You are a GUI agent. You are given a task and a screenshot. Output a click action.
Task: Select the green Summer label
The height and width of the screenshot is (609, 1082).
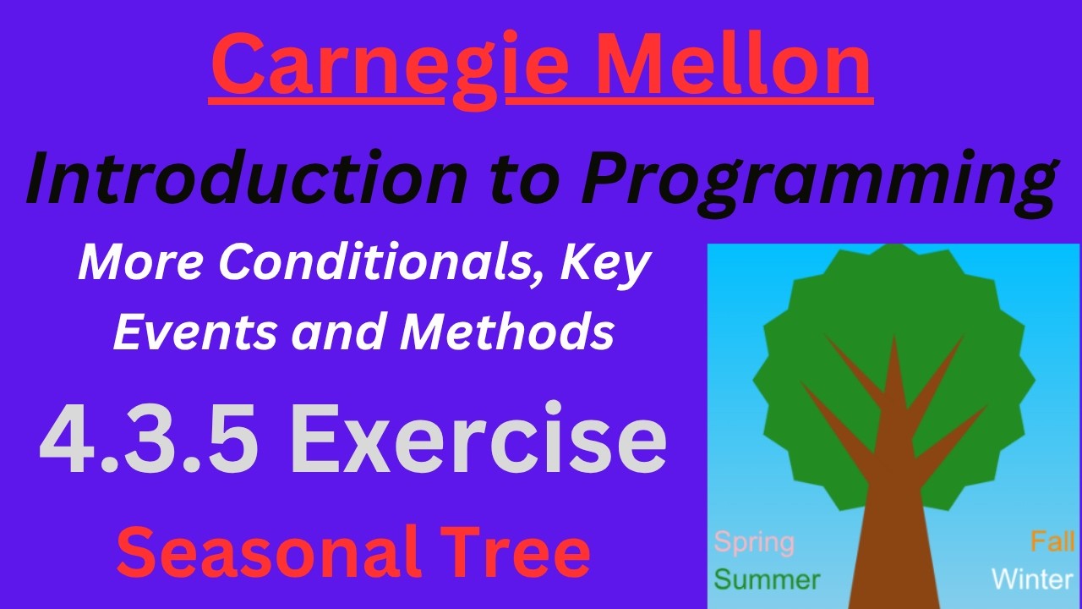point(767,580)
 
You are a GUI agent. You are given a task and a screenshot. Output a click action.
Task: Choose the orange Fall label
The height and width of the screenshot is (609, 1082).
point(1052,541)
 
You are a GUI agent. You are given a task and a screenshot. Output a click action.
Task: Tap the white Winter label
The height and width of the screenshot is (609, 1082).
point(1031,580)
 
